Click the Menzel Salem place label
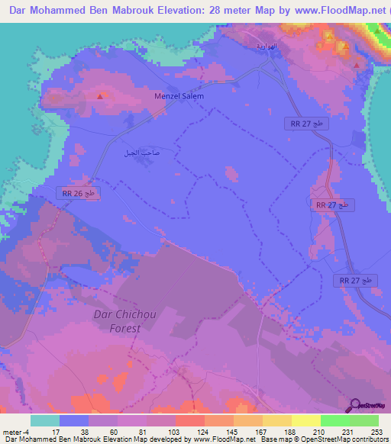(x=179, y=97)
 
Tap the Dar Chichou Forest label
(x=117, y=320)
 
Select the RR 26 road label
(x=79, y=194)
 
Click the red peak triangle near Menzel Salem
(x=100, y=96)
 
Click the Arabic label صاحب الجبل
(x=141, y=153)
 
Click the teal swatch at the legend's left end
(x=44, y=420)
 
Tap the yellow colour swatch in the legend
(x=305, y=420)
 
